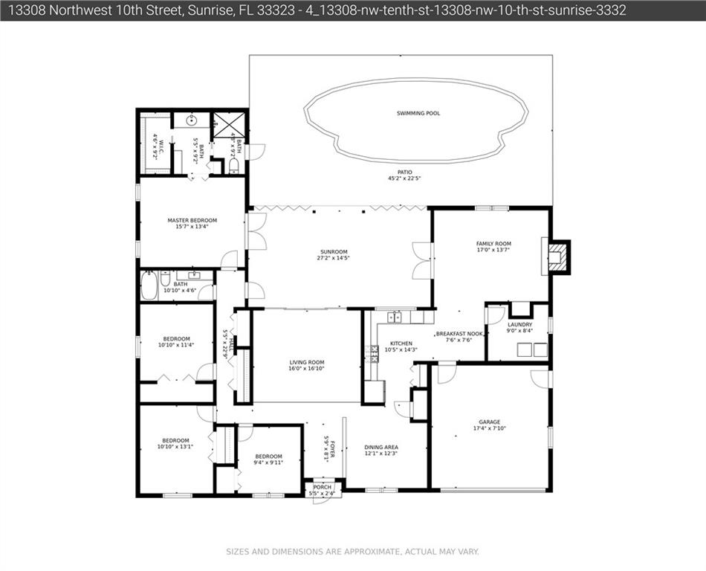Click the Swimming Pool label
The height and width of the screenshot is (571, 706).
(418, 113)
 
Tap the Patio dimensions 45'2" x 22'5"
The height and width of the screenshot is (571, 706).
(404, 178)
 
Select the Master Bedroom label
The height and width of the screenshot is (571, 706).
(192, 220)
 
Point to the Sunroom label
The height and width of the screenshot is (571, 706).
(334, 252)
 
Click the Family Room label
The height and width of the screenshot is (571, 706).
(493, 244)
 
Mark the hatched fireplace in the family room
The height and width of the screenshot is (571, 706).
(558, 257)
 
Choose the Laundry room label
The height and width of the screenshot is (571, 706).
(519, 324)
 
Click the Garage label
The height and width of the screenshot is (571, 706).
(490, 422)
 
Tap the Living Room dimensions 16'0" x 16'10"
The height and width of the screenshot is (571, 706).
(306, 368)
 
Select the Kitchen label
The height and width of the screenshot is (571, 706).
(401, 343)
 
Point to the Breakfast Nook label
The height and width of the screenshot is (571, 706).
(459, 334)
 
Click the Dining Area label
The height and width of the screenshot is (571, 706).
(381, 447)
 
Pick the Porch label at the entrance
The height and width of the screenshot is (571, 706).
(322, 487)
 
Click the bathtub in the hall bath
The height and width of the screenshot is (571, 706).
(149, 286)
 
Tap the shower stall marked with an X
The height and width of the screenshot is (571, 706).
(229, 125)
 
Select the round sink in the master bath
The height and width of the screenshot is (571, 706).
(192, 120)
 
